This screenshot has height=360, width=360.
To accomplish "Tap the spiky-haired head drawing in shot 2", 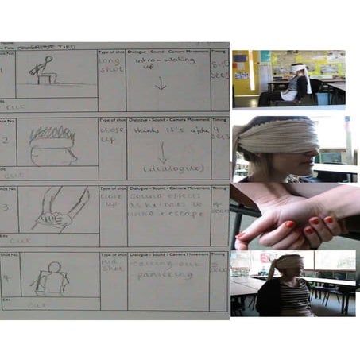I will click(53, 145).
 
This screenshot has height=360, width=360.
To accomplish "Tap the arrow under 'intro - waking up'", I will click(161, 82).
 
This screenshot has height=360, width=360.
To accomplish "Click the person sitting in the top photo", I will click(294, 84).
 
